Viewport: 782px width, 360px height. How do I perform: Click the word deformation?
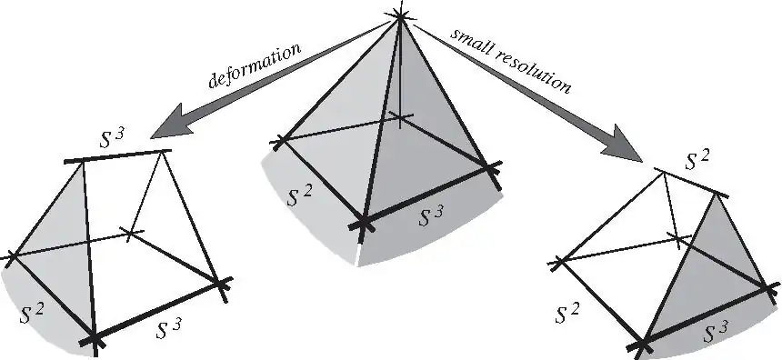pos(255,65)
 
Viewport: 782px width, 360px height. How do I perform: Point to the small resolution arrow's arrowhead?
pos(624,145)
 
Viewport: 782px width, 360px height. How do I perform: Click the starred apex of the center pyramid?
pos(400,16)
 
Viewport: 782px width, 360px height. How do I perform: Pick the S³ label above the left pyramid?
pos(112,138)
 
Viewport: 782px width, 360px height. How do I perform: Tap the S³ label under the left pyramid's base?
pos(168,328)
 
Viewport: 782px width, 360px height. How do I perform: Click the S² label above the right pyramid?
pos(697,160)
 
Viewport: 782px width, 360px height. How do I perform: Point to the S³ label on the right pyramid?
pos(716,333)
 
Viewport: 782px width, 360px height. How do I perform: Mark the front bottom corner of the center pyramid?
pos(364,224)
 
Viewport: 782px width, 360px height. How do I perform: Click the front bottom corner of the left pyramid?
pos(95,340)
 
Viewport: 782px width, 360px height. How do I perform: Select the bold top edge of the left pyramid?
pos(117,155)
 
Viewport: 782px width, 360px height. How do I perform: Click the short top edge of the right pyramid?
pos(691,183)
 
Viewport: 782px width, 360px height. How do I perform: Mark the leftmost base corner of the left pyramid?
pos(12,256)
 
